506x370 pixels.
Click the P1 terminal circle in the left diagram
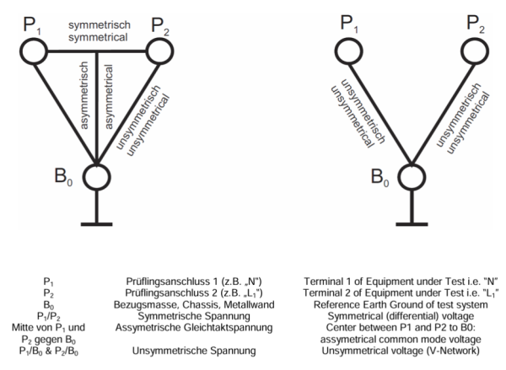pyautogui.click(x=21, y=51)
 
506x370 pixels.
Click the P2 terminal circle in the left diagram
pyautogui.click(x=147, y=51)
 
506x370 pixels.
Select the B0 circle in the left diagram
pyautogui.click(x=83, y=178)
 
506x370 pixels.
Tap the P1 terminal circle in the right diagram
pyautogui.click(x=336, y=51)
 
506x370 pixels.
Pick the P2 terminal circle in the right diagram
pyautogui.click(x=461, y=51)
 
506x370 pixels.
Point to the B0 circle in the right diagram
pyautogui.click(x=398, y=178)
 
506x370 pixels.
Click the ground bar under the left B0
pyautogui.click(x=96, y=224)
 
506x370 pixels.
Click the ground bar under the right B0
pyautogui.click(x=412, y=224)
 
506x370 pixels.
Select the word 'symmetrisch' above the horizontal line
pyautogui.click(x=100, y=25)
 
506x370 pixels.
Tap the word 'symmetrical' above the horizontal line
pyautogui.click(x=98, y=37)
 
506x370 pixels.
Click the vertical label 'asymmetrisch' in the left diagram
pyautogui.click(x=83, y=95)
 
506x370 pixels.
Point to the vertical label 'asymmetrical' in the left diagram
pyautogui.click(x=109, y=97)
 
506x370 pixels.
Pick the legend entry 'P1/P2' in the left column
pyautogui.click(x=48, y=316)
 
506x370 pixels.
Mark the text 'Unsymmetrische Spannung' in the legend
pyautogui.click(x=194, y=351)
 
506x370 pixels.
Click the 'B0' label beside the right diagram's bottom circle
pyautogui.click(x=379, y=178)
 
